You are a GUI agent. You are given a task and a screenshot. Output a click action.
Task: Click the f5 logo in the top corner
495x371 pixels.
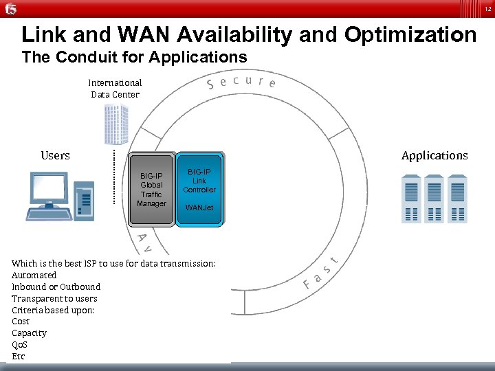[x=11, y=8]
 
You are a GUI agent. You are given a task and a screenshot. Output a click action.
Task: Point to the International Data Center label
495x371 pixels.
[x=115, y=89]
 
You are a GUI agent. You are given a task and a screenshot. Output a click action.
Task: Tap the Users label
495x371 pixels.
[x=55, y=155]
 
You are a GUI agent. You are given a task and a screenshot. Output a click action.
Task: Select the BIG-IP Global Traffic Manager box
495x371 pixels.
[x=151, y=189]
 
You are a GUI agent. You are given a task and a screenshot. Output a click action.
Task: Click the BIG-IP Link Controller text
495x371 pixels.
[x=199, y=181]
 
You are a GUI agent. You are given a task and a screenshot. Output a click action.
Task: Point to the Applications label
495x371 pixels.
[x=434, y=155]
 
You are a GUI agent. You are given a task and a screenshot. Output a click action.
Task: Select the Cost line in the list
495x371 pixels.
[x=21, y=322]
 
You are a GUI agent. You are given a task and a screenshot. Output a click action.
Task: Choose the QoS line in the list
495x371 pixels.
[x=21, y=345]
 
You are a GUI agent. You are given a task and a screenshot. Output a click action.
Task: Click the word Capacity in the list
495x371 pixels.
[x=30, y=333]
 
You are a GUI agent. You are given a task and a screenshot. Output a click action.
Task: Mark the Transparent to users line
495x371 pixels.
[x=54, y=298]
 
